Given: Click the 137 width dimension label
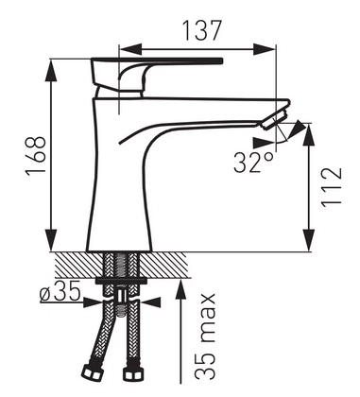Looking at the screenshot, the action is [202, 30].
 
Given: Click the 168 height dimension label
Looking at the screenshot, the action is [36, 156].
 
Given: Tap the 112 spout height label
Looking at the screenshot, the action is [331, 186].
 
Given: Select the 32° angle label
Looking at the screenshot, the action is [252, 163].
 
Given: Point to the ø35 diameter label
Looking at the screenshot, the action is [60, 292].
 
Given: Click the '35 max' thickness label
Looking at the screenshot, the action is [205, 337].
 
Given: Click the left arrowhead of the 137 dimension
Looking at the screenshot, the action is [130, 49].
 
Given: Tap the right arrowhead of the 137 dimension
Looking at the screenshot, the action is [265, 49].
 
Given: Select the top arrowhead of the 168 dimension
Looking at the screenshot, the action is [51, 71].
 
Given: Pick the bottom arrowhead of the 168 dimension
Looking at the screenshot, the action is [51, 240].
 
